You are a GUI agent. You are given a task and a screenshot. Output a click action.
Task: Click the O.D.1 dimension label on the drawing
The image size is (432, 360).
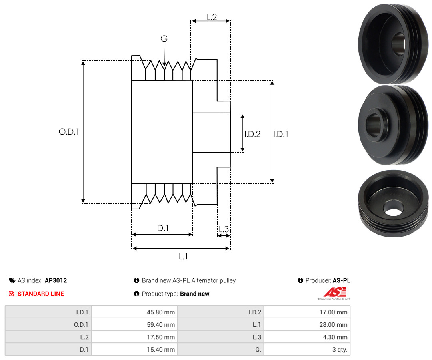(69, 132)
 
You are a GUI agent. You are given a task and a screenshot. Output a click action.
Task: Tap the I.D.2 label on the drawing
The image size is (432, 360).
(252, 134)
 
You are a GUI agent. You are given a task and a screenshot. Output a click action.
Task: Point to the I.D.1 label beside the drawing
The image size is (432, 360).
(281, 134)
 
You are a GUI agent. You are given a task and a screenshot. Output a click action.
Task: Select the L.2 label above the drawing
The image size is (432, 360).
(212, 17)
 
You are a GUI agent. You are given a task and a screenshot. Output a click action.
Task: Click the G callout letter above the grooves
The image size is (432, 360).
(164, 38)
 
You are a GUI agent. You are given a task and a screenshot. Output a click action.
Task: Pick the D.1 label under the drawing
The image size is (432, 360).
(163, 228)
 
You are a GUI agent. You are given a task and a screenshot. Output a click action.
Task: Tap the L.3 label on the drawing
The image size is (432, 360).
(224, 229)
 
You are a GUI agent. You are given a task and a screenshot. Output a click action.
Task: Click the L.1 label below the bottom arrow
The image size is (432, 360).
(183, 257)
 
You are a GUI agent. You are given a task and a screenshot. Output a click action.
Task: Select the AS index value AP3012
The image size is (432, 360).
(56, 280)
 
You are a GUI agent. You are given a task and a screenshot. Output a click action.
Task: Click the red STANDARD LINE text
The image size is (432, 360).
(41, 294)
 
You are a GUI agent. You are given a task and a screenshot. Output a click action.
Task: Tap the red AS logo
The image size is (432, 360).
(335, 292)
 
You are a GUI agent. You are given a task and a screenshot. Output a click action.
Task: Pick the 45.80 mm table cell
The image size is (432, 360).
(134, 312)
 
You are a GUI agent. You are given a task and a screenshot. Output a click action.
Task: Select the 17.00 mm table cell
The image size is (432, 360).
(307, 312)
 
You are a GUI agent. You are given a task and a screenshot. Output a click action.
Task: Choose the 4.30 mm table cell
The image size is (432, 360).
(307, 337)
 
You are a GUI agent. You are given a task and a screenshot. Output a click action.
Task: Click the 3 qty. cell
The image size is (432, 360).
(307, 350)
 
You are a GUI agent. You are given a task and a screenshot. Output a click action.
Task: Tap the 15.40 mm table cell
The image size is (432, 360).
(134, 350)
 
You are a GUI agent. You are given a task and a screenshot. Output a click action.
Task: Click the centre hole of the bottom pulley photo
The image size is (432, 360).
(393, 212)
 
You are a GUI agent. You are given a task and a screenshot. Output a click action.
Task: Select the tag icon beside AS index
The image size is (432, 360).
(12, 280)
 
